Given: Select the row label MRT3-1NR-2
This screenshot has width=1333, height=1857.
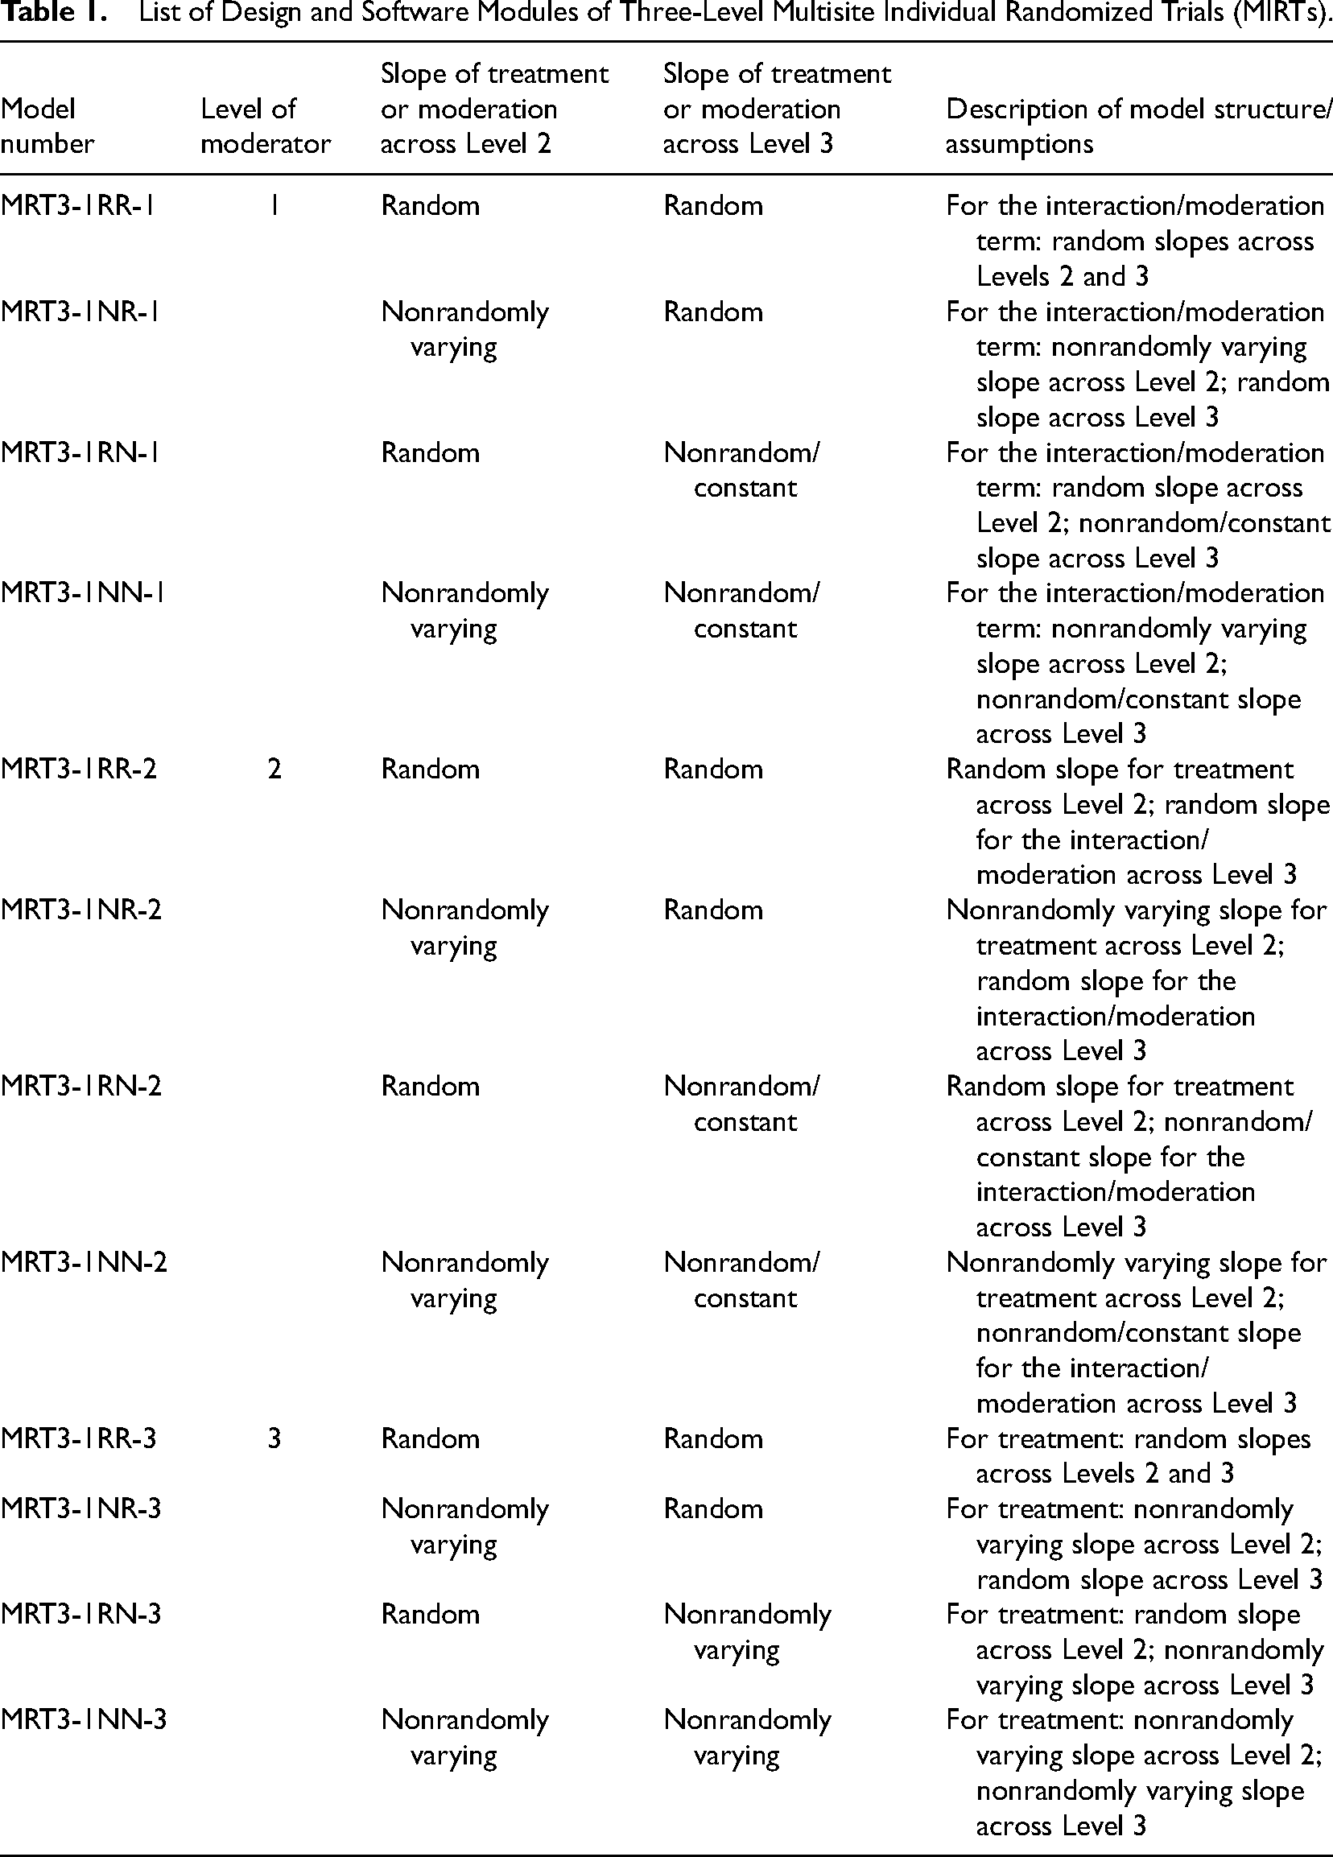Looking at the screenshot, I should [x=81, y=910].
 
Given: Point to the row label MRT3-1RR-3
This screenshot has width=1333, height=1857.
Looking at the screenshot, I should [x=80, y=1438].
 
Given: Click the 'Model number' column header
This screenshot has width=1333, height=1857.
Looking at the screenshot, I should [x=47, y=126].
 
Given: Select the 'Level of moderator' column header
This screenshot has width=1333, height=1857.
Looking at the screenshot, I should [x=266, y=126].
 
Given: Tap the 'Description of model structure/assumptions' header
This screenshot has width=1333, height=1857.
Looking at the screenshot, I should [x=1138, y=126].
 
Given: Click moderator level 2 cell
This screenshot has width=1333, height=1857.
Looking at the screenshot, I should [x=274, y=769].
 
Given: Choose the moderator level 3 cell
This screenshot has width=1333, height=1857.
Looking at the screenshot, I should [x=274, y=1438].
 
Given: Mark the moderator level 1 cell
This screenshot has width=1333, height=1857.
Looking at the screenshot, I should [x=274, y=205].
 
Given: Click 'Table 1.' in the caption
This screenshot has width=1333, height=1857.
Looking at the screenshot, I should [x=54, y=15].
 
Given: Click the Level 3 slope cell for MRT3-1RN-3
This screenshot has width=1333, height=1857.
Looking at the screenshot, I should [x=747, y=1632].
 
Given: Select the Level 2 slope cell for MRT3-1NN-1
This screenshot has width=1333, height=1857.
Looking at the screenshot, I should [x=464, y=610].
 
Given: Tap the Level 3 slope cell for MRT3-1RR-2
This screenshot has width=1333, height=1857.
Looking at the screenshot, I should [x=713, y=769].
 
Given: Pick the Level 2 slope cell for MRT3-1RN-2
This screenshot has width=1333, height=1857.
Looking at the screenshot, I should [x=431, y=1087].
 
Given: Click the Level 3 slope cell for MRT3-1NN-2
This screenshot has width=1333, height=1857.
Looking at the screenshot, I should [x=741, y=1280].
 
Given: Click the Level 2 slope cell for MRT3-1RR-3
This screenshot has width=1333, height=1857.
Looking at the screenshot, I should [x=431, y=1438].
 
